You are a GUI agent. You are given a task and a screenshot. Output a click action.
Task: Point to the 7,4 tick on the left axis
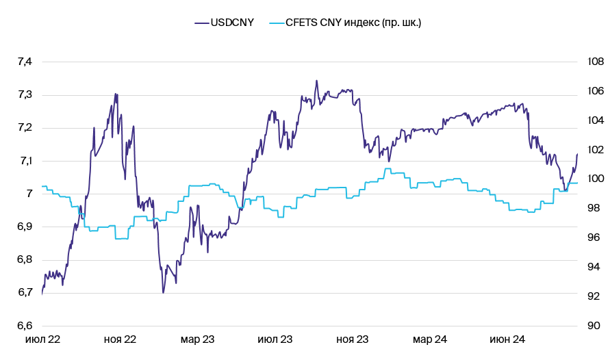coord(24,62)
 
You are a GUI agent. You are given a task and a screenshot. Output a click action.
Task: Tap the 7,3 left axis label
coord(24,95)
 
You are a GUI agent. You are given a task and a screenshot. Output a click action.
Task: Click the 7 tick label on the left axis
coord(29,194)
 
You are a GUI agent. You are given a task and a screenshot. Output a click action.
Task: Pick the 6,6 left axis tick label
coord(24,326)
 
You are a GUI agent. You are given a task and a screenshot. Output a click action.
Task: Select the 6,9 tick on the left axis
coord(24,227)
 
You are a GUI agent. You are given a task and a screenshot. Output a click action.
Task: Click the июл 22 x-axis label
coord(42,339)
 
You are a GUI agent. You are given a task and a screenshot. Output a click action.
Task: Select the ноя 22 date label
coord(120,339)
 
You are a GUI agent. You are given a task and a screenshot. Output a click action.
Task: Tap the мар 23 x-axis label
coord(198,339)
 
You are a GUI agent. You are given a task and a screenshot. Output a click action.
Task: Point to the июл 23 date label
coord(275,339)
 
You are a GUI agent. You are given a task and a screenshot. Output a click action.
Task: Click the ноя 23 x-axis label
coord(353,339)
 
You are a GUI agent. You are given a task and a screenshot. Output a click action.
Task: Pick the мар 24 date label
coord(430,339)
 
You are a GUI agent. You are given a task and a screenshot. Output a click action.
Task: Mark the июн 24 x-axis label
coord(508,339)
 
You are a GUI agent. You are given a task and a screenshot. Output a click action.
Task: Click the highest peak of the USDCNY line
coord(316,81)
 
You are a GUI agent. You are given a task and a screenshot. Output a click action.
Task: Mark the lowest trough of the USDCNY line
coord(163,293)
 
